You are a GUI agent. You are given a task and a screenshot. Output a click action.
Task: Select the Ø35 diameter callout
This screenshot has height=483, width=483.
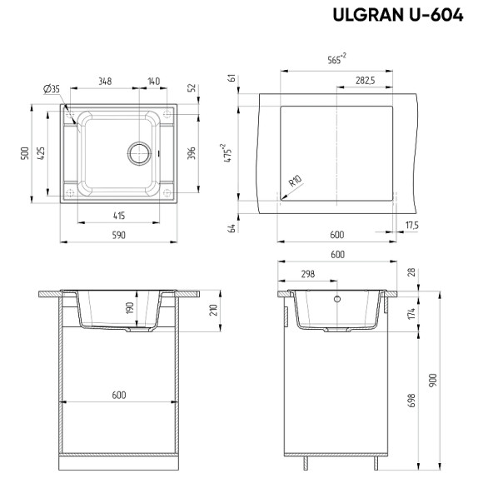(x=50, y=89)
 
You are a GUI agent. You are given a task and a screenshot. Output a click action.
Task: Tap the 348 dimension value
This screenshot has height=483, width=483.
(x=105, y=81)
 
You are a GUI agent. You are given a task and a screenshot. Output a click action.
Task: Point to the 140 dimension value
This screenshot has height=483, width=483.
(x=153, y=81)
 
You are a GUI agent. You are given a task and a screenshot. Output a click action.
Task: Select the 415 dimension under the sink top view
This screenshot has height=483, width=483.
(x=118, y=216)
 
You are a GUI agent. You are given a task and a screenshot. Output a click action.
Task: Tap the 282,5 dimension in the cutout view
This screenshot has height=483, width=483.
(x=364, y=81)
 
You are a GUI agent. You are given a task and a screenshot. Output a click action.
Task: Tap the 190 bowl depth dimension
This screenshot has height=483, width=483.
(x=128, y=308)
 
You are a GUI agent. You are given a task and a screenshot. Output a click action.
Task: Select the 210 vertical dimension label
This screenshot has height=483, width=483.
(x=213, y=310)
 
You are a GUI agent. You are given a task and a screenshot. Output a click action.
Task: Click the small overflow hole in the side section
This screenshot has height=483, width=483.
(x=337, y=298)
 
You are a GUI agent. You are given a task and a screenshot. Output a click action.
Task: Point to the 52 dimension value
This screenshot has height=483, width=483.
(x=192, y=87)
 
